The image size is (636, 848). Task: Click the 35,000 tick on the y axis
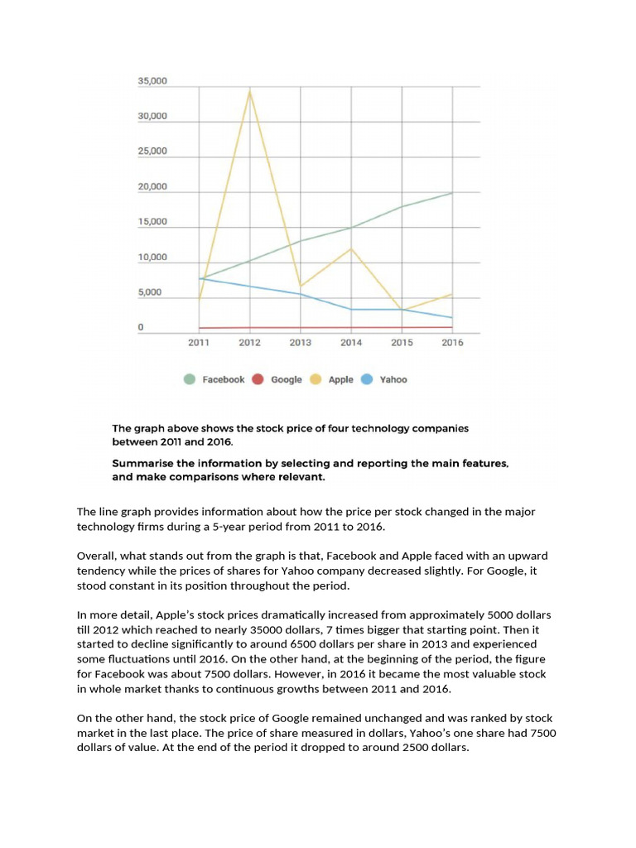tap(152, 81)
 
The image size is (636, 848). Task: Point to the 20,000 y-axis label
tap(152, 187)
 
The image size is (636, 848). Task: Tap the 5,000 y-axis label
tap(150, 293)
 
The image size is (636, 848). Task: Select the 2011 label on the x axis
tap(199, 342)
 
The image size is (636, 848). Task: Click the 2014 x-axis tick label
tap(351, 342)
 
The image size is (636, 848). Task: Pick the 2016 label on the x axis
tap(452, 342)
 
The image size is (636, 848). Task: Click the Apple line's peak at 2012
tap(250, 90)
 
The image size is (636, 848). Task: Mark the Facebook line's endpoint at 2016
tap(452, 193)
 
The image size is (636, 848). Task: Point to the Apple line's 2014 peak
tap(351, 248)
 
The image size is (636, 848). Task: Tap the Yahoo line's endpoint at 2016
tap(452, 318)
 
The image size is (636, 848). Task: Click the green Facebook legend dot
tap(190, 379)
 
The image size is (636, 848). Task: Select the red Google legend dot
tap(258, 379)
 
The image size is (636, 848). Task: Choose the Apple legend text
tap(340, 379)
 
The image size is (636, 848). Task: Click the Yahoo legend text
tap(393, 379)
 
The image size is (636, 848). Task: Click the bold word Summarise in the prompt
tap(144, 464)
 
